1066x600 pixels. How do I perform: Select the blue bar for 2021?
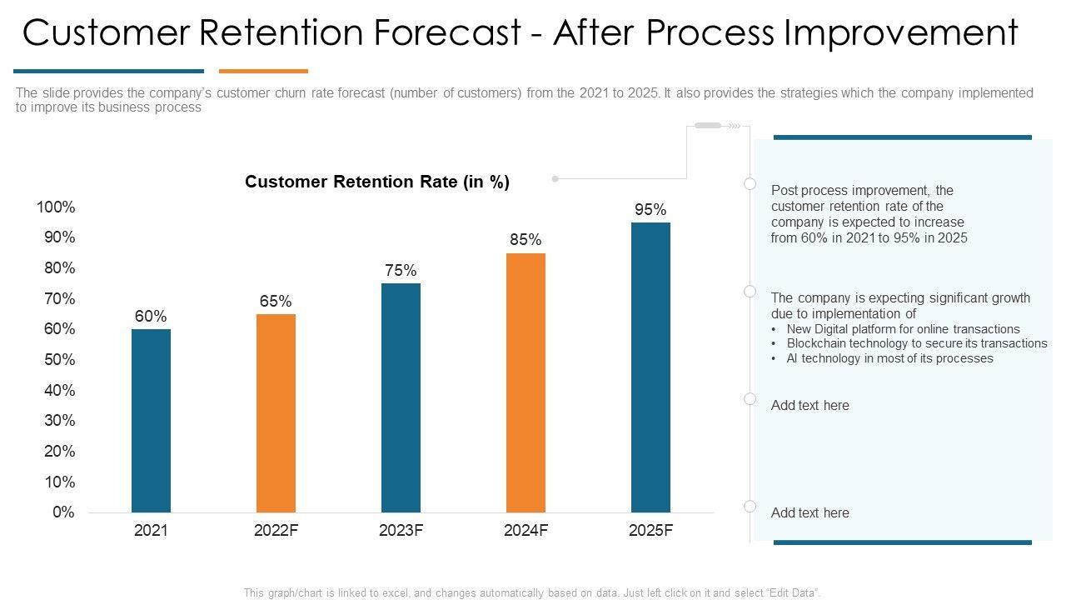click(151, 420)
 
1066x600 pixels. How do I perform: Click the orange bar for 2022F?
click(276, 412)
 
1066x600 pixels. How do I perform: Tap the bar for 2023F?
click(401, 397)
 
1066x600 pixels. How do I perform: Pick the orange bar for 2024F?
click(526, 382)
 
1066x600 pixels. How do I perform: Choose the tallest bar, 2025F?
click(650, 367)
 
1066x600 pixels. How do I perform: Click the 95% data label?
click(650, 210)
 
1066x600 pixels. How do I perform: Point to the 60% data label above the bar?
click(151, 317)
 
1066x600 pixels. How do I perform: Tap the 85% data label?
click(526, 240)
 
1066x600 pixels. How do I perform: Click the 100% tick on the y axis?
click(56, 207)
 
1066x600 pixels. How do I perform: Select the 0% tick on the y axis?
click(63, 512)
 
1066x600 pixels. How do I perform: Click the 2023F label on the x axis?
click(401, 531)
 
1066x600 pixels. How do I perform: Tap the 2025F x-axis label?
click(650, 531)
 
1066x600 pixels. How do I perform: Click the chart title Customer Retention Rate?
click(376, 182)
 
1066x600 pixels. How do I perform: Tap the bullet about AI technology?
click(889, 358)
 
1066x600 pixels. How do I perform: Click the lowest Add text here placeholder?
click(809, 513)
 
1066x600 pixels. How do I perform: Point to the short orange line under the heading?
click(263, 72)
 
